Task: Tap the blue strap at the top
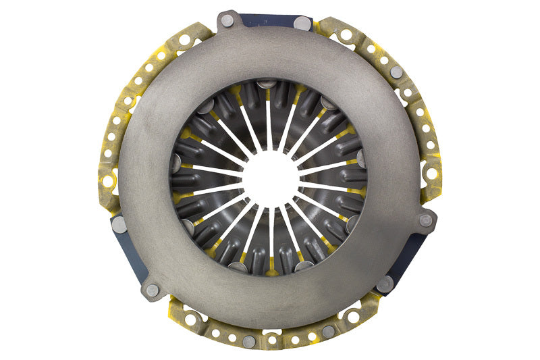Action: [267, 20]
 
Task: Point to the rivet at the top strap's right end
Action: [303, 23]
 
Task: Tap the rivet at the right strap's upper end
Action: [426, 220]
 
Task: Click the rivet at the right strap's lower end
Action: [385, 284]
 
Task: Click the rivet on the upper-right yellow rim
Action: [396, 72]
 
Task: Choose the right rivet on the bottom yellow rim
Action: [328, 331]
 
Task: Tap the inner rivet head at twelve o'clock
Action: [267, 84]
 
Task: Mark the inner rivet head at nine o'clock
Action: [176, 162]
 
